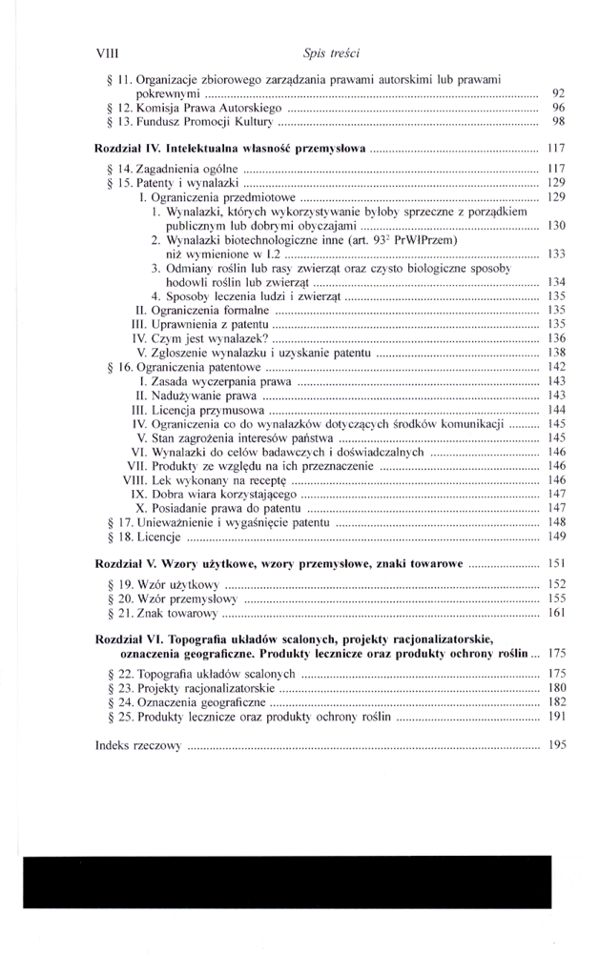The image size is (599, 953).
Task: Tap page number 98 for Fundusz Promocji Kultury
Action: tap(559, 123)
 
